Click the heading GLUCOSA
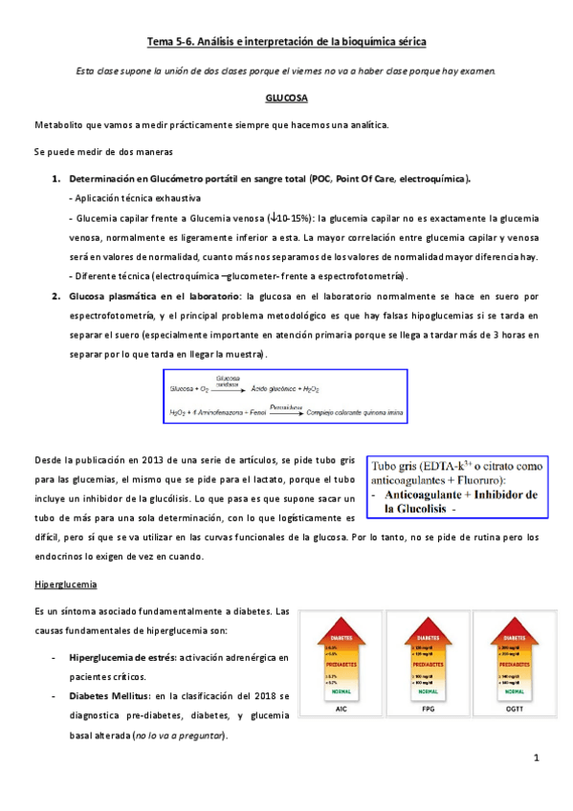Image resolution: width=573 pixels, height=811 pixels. pyautogui.click(x=286, y=98)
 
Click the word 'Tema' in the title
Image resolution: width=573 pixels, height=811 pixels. pyautogui.click(x=160, y=42)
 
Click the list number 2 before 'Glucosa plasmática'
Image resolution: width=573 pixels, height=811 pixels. pyautogui.click(x=56, y=297)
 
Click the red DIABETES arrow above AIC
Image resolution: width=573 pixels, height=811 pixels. pyautogui.click(x=340, y=637)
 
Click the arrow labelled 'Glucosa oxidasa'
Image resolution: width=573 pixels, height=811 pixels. pyautogui.click(x=228, y=387)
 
